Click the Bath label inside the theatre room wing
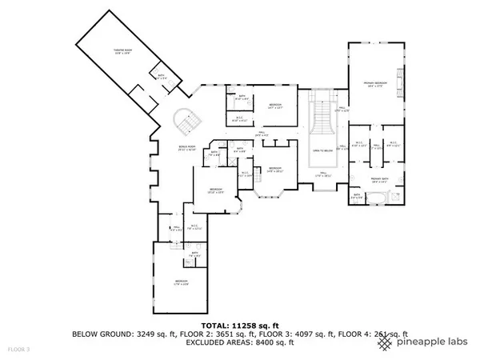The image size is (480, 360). (162, 77)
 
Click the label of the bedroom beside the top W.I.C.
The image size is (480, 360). (274, 105)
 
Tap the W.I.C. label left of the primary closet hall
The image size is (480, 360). (360, 146)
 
